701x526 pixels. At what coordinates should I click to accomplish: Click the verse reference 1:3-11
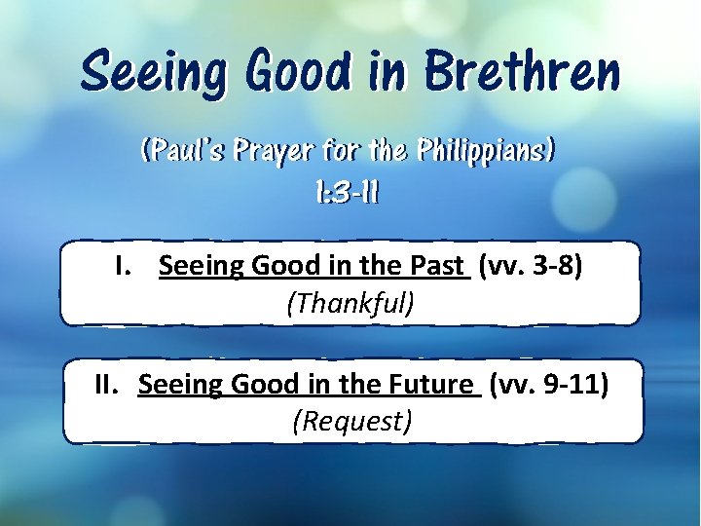[348, 193]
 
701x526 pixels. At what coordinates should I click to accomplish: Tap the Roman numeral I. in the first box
[125, 266]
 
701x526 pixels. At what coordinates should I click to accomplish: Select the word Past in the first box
[438, 266]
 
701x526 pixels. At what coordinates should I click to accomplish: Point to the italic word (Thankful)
[350, 303]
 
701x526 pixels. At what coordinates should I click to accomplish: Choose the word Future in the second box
[431, 385]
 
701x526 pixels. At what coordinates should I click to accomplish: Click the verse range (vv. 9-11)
[549, 385]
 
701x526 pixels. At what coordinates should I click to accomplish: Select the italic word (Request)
[351, 422]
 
